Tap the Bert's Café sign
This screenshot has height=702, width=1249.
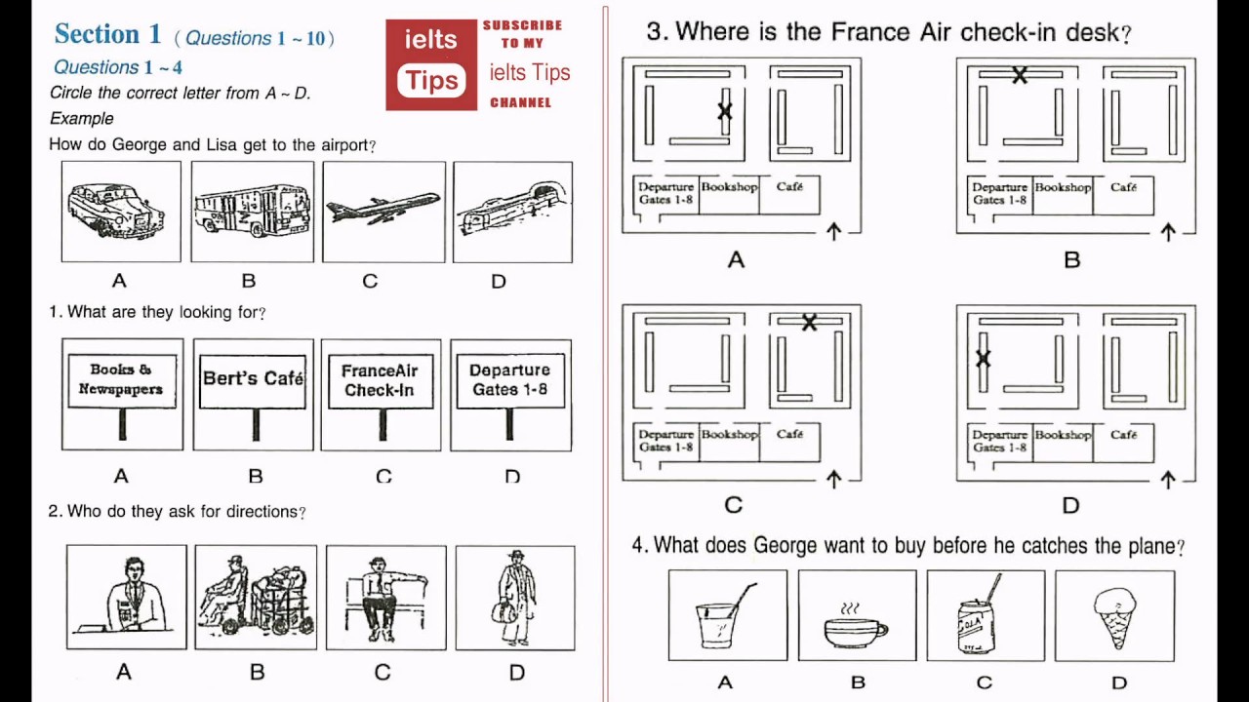253,378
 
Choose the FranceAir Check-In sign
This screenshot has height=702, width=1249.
380,380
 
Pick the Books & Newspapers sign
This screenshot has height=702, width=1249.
122,379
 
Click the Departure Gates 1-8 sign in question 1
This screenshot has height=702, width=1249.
509,379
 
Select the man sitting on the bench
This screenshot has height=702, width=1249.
385,597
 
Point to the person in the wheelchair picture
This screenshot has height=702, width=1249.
256,597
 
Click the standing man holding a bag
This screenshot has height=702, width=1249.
514,597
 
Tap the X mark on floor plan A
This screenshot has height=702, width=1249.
725,111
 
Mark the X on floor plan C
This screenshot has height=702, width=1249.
809,323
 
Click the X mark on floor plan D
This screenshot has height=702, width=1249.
983,359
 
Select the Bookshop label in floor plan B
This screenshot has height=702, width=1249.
1063,187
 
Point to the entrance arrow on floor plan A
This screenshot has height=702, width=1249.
833,231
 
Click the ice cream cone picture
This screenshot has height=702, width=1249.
1114,617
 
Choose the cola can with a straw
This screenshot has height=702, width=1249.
979,619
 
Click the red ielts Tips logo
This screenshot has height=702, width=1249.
431,64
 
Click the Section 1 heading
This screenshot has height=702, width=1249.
107,35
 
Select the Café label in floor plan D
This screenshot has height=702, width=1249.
1123,435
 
